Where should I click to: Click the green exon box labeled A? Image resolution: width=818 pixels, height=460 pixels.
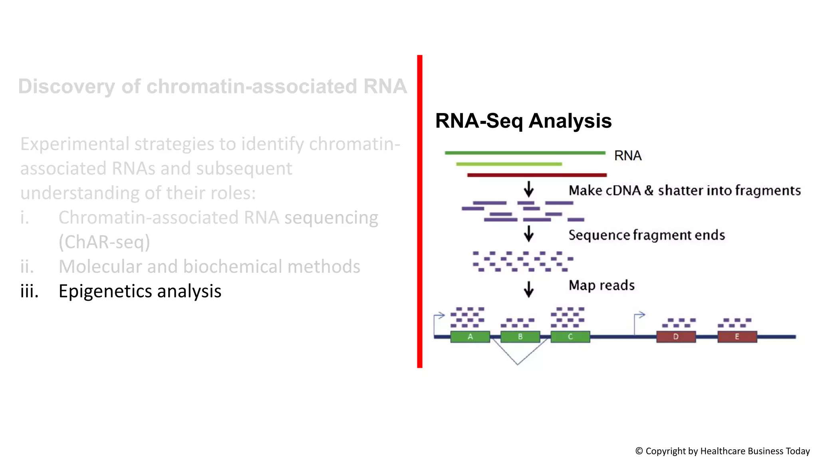[470, 337]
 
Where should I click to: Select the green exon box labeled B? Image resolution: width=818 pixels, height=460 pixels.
[520, 337]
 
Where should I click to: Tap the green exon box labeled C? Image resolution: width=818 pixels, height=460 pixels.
[570, 337]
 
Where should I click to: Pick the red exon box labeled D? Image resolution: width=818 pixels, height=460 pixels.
[676, 337]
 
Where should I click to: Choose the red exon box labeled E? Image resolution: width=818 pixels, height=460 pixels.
[737, 337]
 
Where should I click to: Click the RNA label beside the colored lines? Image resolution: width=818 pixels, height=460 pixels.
[627, 156]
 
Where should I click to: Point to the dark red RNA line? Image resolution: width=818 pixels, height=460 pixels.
[537, 175]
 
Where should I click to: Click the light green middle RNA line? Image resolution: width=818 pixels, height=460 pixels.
[509, 164]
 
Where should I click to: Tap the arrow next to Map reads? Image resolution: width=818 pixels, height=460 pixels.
[529, 289]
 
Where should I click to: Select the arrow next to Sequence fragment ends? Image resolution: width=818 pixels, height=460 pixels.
[529, 234]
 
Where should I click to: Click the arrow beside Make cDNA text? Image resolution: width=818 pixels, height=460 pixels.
[529, 189]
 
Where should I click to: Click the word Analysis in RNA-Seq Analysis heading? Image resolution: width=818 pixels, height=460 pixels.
[570, 121]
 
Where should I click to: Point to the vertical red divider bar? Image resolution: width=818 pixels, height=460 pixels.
[419, 212]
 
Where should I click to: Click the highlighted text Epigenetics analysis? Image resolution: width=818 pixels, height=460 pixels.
[140, 291]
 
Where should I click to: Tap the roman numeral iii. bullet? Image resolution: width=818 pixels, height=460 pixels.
[30, 291]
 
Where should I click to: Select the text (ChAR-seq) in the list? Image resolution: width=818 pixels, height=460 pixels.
[104, 242]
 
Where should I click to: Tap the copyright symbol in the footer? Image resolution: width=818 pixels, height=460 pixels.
[639, 451]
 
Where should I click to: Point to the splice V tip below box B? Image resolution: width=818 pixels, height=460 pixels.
[517, 364]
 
